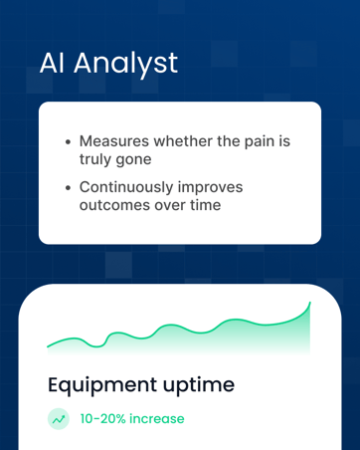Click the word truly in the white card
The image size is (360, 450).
[98, 158]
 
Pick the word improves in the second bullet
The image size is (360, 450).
[211, 186]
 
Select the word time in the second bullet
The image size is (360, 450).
[208, 205]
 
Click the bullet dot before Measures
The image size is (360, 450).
[68, 141]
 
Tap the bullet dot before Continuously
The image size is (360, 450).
[68, 187]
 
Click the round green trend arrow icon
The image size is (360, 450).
[59, 419]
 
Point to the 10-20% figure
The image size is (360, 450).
[103, 419]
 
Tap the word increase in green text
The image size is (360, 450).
[157, 419]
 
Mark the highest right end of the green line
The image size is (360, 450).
[309, 303]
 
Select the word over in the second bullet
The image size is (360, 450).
[170, 205]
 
